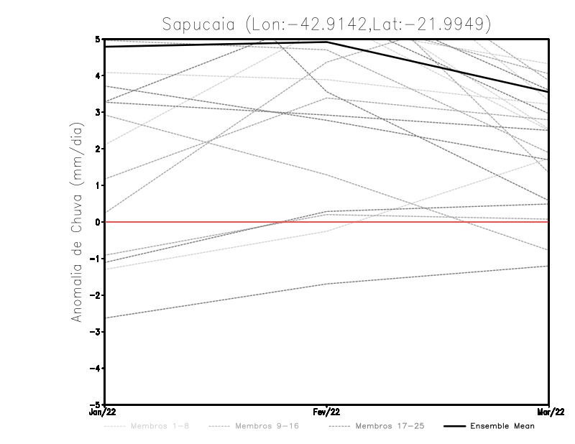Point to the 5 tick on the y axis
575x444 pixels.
point(98,38)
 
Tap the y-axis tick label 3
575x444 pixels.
point(98,111)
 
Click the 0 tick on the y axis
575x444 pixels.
point(98,222)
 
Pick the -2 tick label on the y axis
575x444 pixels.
point(95,295)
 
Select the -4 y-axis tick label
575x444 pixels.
point(95,369)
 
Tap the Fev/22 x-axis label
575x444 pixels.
point(327,412)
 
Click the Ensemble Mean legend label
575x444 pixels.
point(502,426)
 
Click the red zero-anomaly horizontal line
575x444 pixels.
point(431,222)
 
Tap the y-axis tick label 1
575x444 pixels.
point(98,185)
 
